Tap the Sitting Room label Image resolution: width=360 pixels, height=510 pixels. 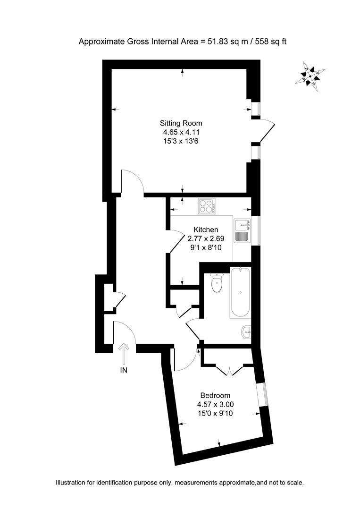click(x=181, y=123)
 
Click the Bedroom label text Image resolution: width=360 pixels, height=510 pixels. click(x=215, y=395)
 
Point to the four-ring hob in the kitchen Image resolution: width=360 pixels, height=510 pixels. click(x=207, y=206)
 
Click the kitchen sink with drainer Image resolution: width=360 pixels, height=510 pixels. click(x=242, y=230)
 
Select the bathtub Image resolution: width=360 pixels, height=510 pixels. click(x=240, y=292)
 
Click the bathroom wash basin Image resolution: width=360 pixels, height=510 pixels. click(x=246, y=332)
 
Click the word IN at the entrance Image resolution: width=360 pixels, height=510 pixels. click(x=124, y=370)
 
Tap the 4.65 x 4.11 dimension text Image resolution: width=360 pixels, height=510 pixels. click(x=181, y=132)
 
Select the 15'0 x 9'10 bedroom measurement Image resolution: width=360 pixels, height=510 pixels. click(x=215, y=413)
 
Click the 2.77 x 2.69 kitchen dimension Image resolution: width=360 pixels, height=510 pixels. click(x=209, y=238)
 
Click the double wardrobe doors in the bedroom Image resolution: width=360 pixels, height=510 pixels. click(x=229, y=369)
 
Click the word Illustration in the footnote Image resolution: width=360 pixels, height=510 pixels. click(x=72, y=483)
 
